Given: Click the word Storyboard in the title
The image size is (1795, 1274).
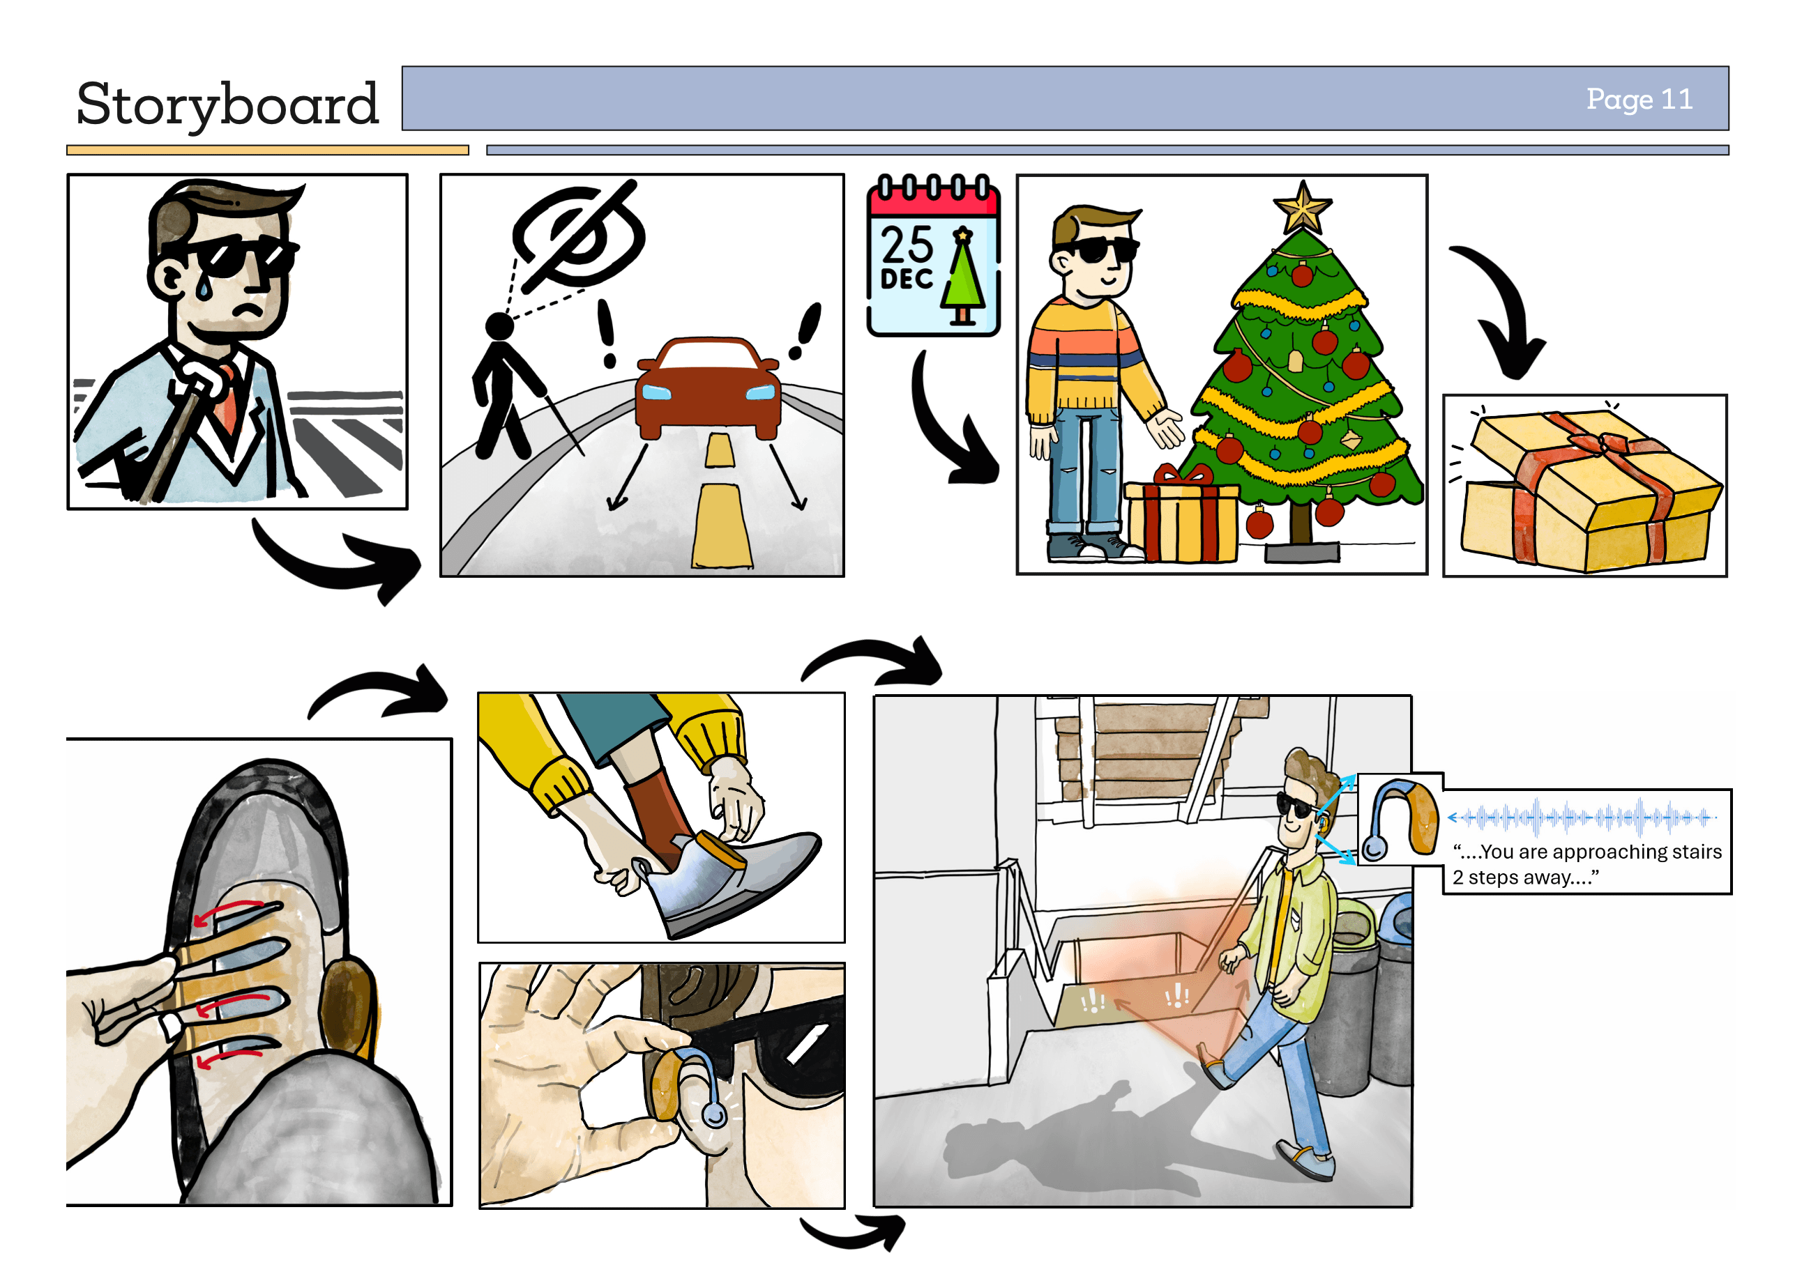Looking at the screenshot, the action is pos(227,105).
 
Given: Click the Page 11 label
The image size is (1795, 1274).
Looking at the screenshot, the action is pos(1639,100).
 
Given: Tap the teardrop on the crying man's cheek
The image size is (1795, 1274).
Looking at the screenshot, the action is pos(204,289).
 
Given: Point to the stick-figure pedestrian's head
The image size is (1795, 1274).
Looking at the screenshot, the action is pos(499,325).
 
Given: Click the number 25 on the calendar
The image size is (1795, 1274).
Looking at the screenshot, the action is pos(907,245).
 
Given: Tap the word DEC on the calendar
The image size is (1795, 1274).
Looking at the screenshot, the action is pos(907,279).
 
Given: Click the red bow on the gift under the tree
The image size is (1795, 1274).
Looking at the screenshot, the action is pos(1183,474).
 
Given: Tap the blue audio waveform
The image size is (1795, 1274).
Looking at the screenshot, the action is pos(1582,818).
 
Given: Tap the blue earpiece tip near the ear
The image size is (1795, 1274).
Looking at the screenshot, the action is pos(713,1114).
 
